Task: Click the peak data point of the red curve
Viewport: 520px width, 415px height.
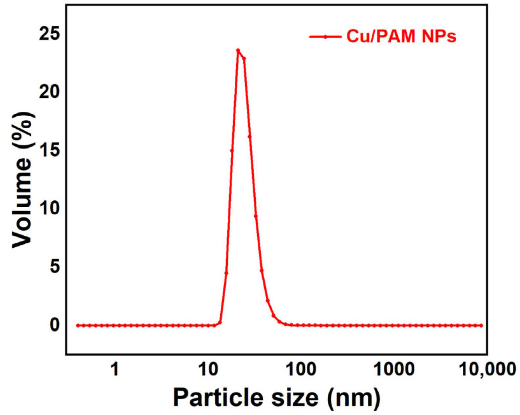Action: click(238, 50)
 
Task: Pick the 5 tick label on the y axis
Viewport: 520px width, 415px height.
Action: click(54, 267)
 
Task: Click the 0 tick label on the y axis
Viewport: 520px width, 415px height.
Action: click(54, 325)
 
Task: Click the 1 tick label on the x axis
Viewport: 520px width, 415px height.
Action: click(114, 369)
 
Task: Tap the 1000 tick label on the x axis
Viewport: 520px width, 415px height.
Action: click(394, 369)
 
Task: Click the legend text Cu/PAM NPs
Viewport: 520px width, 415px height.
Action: click(401, 36)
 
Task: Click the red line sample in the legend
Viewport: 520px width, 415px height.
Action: click(325, 37)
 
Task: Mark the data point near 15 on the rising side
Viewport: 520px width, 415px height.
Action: click(232, 150)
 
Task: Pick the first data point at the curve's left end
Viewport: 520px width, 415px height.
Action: click(77, 326)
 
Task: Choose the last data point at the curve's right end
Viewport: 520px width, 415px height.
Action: click(481, 326)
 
